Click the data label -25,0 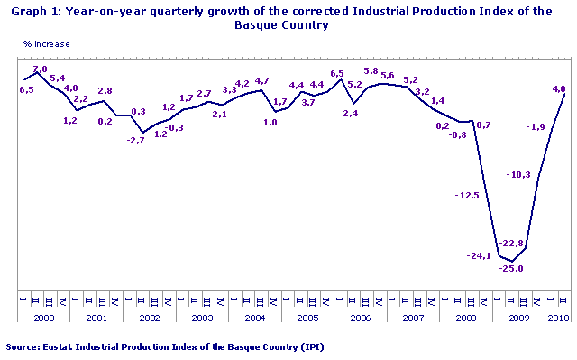pyautogui.click(x=512, y=269)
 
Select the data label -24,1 pyautogui.click(x=478, y=256)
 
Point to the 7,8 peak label pyautogui.click(x=40, y=69)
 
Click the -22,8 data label pyautogui.click(x=512, y=244)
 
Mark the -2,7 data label pyautogui.click(x=135, y=141)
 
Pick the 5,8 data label pyautogui.click(x=370, y=71)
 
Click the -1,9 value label pyautogui.click(x=536, y=127)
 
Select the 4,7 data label pyautogui.click(x=262, y=81)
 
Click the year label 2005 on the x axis pyautogui.click(x=307, y=318)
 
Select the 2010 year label pyautogui.click(x=558, y=318)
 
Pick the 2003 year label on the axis pyautogui.click(x=203, y=318)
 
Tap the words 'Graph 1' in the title pyautogui.click(x=30, y=11)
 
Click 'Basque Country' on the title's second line pyautogui.click(x=288, y=25)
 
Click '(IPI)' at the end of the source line pyautogui.click(x=311, y=346)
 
